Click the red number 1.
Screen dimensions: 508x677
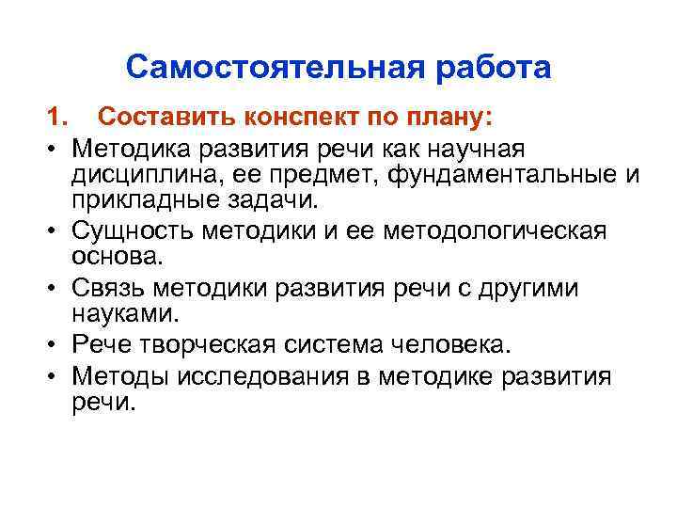coord(58,119)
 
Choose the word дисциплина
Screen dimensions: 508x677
coord(154,176)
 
